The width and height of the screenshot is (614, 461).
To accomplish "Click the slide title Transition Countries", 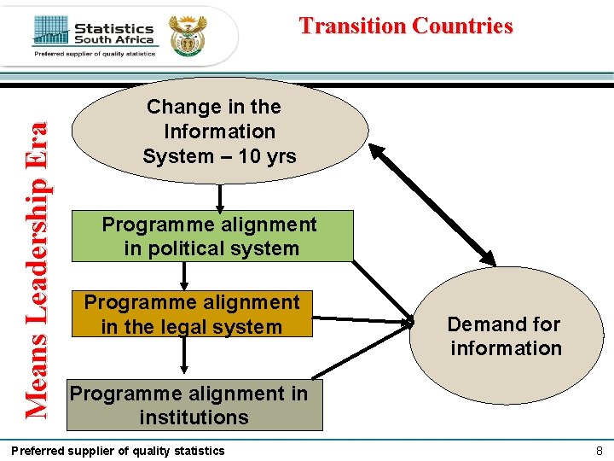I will [x=406, y=26].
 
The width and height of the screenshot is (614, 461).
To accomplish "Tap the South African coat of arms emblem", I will [x=188, y=34].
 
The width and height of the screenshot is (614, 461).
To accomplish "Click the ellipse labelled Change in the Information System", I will [x=220, y=131].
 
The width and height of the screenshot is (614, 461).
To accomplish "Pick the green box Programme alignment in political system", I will [x=211, y=236].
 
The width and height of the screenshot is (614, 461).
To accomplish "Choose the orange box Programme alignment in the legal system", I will [x=192, y=314].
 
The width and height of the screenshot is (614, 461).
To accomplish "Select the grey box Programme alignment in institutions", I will [x=194, y=406].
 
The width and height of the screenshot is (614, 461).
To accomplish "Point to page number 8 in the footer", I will [x=600, y=450].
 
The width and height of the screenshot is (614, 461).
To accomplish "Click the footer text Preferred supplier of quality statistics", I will [x=118, y=450].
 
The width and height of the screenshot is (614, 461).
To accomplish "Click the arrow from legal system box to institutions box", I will [x=183, y=355].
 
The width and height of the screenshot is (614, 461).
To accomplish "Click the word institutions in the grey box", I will [x=194, y=417].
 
